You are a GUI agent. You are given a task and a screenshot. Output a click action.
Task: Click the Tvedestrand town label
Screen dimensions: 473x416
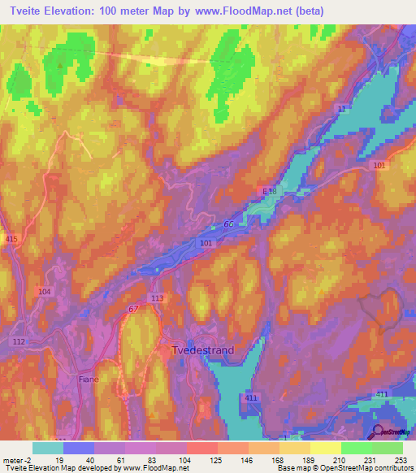(202, 350)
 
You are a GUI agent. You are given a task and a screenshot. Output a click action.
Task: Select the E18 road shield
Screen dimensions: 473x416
(270, 190)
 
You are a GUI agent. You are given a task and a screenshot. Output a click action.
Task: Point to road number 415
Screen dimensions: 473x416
(11, 238)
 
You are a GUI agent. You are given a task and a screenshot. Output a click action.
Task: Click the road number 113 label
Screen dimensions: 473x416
(158, 298)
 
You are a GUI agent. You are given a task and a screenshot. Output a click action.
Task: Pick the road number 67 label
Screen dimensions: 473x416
(132, 309)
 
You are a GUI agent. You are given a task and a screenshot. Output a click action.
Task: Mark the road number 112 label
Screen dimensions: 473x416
(18, 341)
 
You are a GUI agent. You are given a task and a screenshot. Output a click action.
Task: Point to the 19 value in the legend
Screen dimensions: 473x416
(59, 459)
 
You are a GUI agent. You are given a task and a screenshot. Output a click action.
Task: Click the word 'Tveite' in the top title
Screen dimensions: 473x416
(25, 11)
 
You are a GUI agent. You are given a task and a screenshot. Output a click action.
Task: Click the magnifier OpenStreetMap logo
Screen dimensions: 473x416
(379, 432)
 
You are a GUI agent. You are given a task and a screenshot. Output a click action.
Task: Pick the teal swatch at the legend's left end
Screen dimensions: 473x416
(48, 448)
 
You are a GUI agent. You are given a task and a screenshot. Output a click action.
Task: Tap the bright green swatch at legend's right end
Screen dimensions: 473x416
(388, 448)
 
